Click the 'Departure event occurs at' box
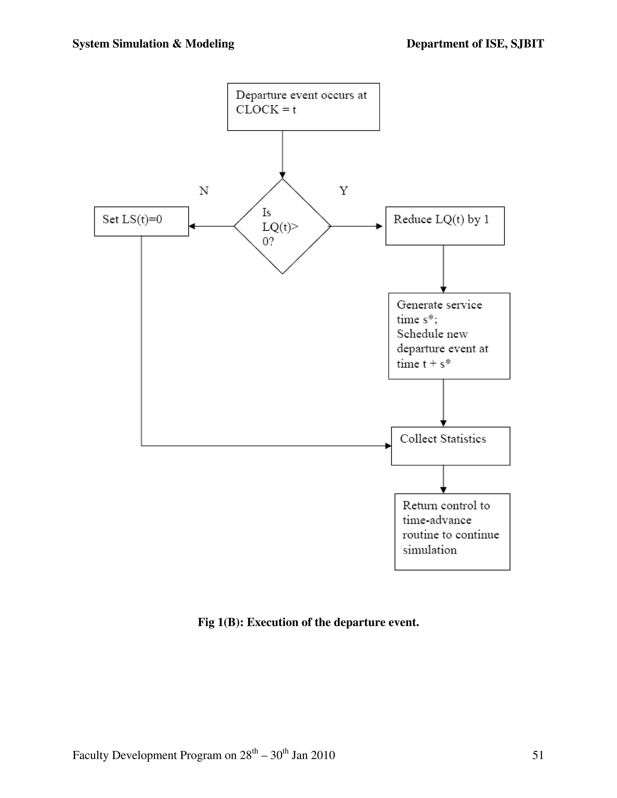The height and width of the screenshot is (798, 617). tap(303, 107)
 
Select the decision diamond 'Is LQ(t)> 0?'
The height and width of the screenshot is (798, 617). tap(282, 226)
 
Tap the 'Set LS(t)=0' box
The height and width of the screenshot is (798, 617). tap(142, 221)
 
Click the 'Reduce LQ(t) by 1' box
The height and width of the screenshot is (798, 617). tap(445, 226)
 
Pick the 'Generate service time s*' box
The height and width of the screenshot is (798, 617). tap(449, 336)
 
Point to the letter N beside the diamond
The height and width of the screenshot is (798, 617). tap(204, 191)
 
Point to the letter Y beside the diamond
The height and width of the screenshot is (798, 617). tap(343, 191)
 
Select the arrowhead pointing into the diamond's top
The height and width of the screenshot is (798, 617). tap(283, 175)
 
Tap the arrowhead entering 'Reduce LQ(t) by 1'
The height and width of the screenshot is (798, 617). tap(379, 226)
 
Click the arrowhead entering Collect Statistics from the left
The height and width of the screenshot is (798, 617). tap(388, 446)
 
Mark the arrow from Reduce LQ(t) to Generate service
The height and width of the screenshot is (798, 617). tap(443, 269)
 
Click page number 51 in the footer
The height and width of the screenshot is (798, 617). tap(538, 755)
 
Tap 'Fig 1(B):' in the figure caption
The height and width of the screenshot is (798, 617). tap(221, 622)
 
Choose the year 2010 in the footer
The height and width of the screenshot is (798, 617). tap(322, 755)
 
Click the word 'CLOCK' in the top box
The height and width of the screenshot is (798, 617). tap(257, 110)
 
